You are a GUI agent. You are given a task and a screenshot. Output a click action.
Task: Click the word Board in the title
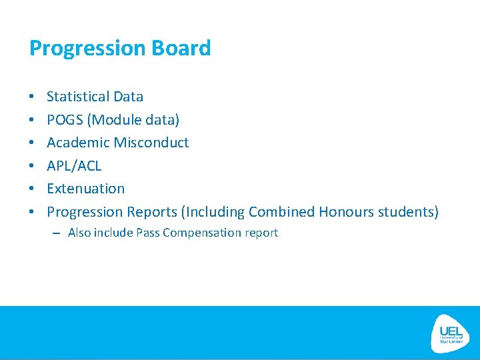181,48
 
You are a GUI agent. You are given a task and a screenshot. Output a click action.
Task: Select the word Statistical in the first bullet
78,97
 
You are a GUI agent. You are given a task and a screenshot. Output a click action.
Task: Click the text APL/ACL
74,166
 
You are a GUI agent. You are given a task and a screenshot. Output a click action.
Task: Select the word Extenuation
85,189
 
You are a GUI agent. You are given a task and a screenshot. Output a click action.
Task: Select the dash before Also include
55,233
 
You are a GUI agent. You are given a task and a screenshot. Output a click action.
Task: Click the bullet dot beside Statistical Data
32,97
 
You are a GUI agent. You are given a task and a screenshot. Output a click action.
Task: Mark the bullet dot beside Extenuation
32,189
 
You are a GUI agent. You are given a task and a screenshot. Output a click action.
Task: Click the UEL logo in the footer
451,333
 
